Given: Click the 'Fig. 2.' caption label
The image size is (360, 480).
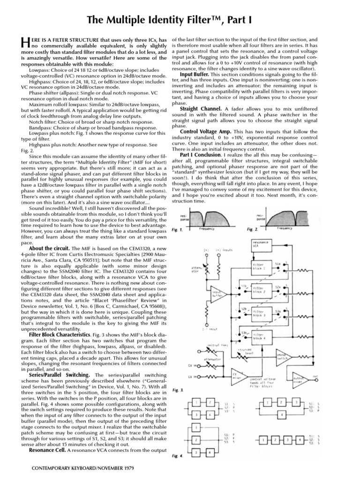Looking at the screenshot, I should tap(253, 230).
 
